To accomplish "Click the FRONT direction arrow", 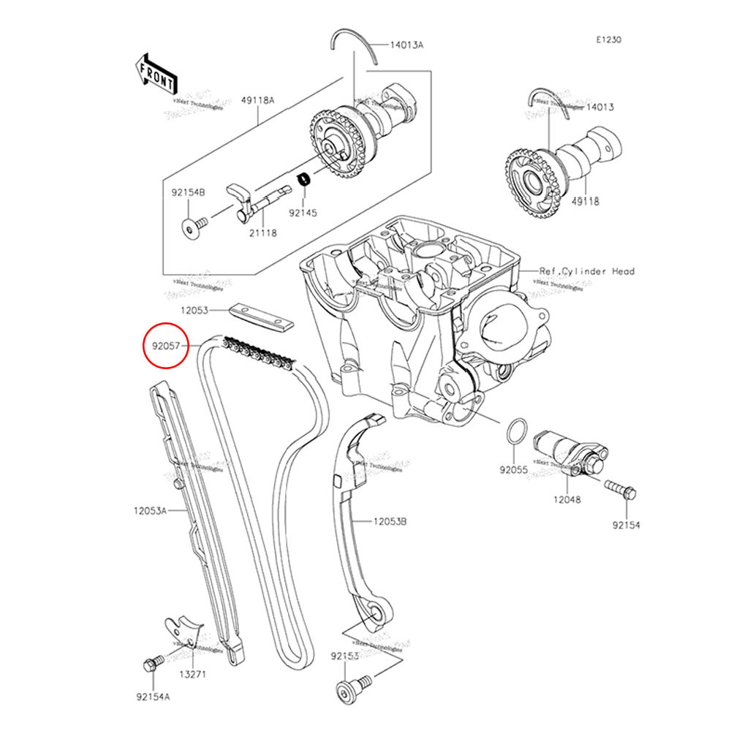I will coord(156,74).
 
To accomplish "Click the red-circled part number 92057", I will coord(166,343).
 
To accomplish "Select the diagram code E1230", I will coord(607,41).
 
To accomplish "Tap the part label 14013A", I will coord(406,45).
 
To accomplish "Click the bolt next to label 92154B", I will coord(192,229).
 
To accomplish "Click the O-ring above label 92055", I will coord(515,432).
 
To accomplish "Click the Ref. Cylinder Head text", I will coord(587,271).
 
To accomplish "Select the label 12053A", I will coord(151,510).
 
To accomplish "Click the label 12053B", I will coord(390,521).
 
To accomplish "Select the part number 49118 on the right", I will coord(586,202).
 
